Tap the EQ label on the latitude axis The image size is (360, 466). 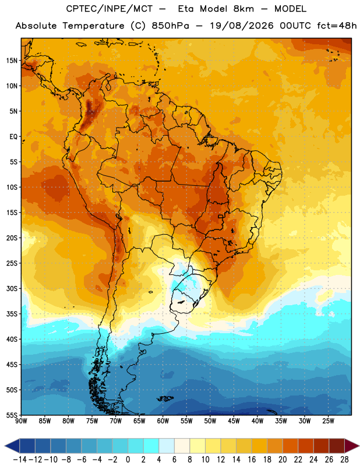pos(13,137)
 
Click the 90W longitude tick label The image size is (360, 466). pos(21,421)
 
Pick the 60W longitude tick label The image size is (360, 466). pos(163,421)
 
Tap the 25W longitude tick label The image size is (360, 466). pos(328,421)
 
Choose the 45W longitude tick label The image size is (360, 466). pos(234,421)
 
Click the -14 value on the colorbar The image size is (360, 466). pos(20,460)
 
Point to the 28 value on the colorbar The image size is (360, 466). pos(344,460)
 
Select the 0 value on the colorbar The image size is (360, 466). pos(128,460)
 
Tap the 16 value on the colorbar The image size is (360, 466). pos(252,460)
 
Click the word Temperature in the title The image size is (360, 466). pos(93,26)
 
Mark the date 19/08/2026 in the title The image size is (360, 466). pos(242,26)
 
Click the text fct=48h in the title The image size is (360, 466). pos(337,26)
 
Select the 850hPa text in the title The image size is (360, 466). pos(170,26)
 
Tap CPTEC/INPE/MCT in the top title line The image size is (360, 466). pos(110,9)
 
